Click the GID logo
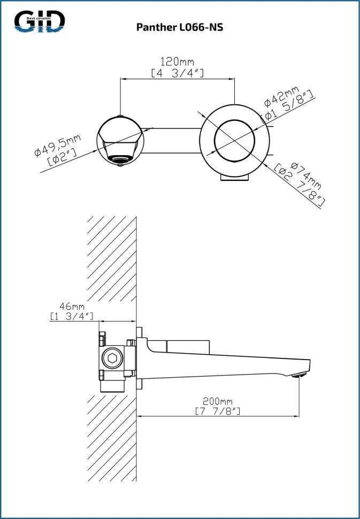[x=40, y=21]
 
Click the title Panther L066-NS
[x=180, y=27]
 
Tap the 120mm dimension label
[x=177, y=62]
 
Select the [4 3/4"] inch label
[x=177, y=73]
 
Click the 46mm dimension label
[x=72, y=306]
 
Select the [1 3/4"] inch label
[x=72, y=316]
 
